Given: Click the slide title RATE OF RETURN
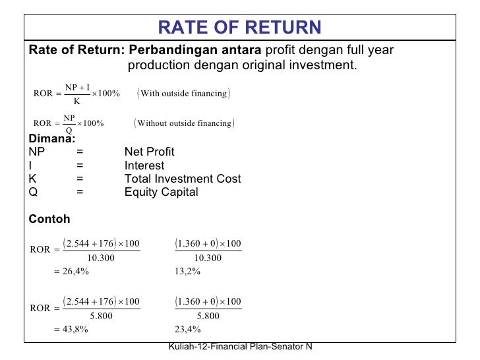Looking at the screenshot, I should pyautogui.click(x=240, y=27).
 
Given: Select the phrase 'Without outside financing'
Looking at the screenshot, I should pyautogui.click(x=184, y=123).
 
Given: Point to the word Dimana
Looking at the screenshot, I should pyautogui.click(x=51, y=138).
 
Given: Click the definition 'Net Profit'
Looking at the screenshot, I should pyautogui.click(x=150, y=152).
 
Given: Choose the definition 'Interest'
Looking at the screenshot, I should pyautogui.click(x=144, y=165).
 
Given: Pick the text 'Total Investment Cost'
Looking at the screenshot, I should pyautogui.click(x=183, y=179).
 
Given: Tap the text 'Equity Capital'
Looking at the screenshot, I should pyautogui.click(x=161, y=193).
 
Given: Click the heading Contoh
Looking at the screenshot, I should pyautogui.click(x=49, y=220).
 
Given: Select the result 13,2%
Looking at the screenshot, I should pyautogui.click(x=188, y=270).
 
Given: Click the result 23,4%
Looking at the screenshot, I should pyautogui.click(x=188, y=329).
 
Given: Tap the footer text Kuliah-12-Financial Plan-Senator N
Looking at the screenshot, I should pyautogui.click(x=240, y=347).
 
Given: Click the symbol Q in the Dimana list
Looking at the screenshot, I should pyautogui.click(x=33, y=193).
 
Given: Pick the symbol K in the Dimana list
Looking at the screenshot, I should pyautogui.click(x=33, y=179).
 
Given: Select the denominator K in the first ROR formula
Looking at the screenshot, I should pyautogui.click(x=77, y=101).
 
